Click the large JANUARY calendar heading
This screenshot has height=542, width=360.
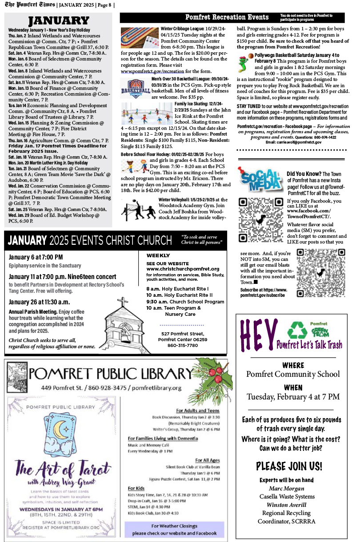point(59,20)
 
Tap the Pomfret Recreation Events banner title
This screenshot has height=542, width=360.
point(227,17)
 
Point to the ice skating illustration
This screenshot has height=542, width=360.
point(147,114)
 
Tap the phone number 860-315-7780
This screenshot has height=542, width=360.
point(183,346)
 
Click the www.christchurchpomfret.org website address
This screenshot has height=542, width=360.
point(183,269)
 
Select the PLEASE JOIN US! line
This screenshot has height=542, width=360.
point(289,466)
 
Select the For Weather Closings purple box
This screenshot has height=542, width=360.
point(175,529)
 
